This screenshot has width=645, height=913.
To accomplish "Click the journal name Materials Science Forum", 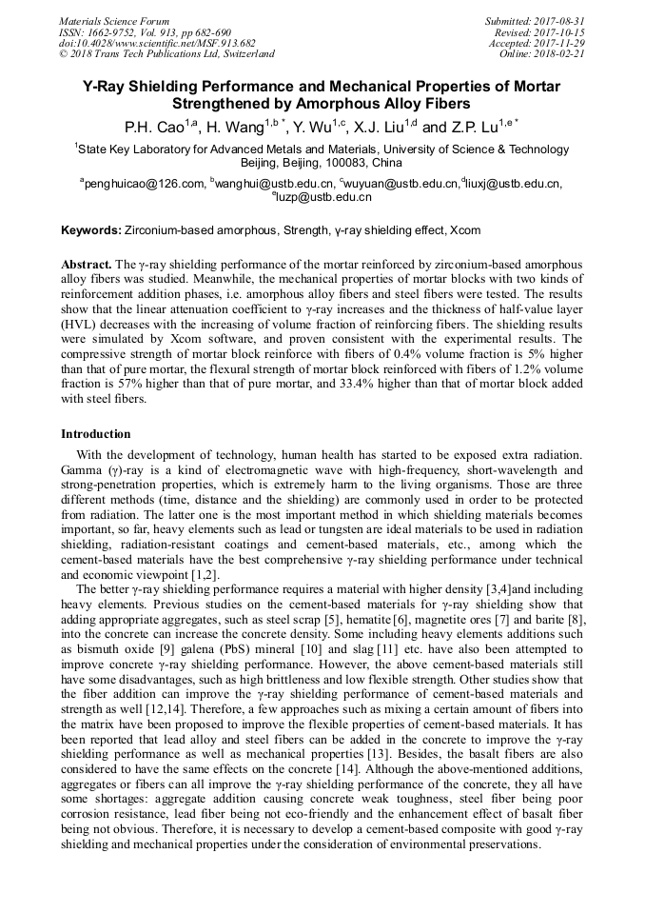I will point(114,21).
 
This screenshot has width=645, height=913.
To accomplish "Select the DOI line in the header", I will point(157,43).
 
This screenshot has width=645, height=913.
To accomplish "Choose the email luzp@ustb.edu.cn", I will point(325,197).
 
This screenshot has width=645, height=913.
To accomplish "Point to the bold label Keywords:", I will point(91,230).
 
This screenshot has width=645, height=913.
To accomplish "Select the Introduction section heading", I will point(96,433).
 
